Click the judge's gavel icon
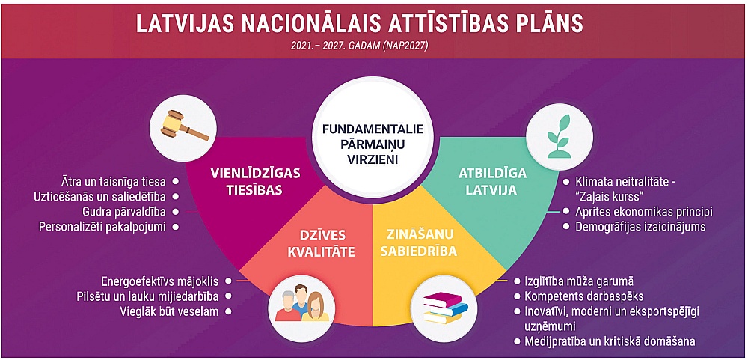185,126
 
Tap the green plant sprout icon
560,136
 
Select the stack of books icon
444,308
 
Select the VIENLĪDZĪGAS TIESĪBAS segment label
255,181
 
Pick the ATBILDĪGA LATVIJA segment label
493,181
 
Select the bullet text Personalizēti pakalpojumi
102,226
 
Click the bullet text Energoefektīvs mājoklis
160,281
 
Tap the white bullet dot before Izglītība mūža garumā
517,281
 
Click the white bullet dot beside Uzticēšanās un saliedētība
176,196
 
